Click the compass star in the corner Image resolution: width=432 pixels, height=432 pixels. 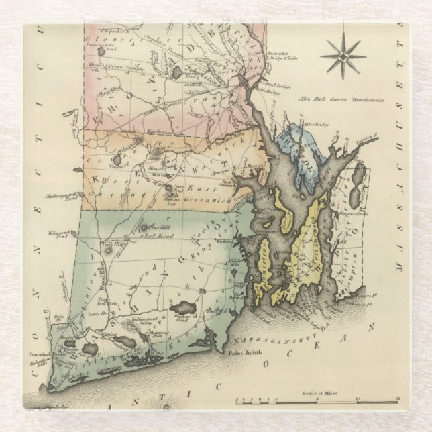pos(343,56)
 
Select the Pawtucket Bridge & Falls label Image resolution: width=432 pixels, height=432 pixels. pos(282,58)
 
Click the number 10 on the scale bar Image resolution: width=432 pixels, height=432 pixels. pos(357,400)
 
